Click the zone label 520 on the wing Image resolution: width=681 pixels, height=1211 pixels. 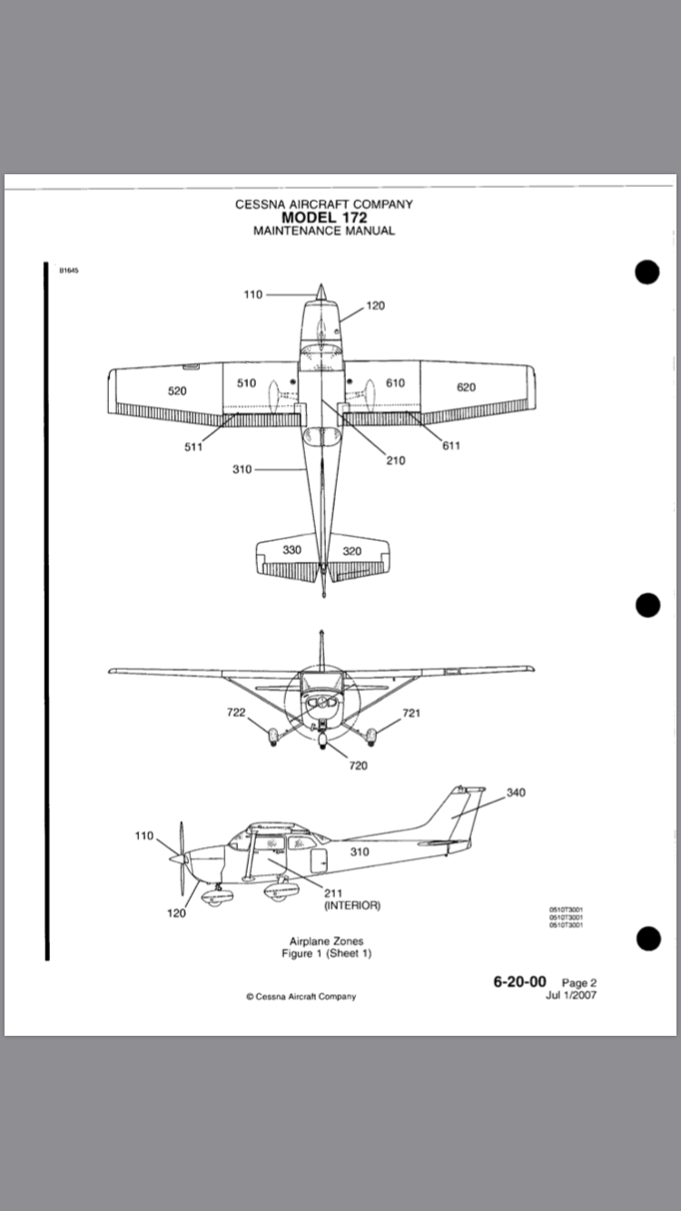pos(177,391)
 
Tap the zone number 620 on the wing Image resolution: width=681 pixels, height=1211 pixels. pos(466,388)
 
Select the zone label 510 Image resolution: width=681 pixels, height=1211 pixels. pos(246,383)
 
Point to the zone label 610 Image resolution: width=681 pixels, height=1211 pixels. pos(395,383)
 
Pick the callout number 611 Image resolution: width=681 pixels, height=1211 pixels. pos(451,446)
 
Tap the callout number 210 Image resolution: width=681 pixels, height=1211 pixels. pos(395,460)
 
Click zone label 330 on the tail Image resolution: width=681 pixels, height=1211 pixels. pos(291,550)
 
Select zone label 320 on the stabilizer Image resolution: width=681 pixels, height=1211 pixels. pos(351,550)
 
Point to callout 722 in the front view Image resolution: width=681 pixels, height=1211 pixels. pos(236,713)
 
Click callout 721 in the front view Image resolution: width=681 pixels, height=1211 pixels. pos(411,713)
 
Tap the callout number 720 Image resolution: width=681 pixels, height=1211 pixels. pos(359,765)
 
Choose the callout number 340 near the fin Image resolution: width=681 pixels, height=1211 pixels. pos(516,793)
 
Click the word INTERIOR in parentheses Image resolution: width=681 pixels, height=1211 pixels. pos(352,905)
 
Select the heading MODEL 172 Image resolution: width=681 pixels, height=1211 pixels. pos(324,217)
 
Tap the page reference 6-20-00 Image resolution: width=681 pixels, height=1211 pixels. pos(519,981)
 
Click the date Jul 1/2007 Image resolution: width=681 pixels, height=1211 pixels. pos(571,995)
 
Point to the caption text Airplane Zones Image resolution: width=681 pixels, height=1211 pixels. pos(326,941)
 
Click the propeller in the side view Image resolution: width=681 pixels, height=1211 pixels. pos(182,858)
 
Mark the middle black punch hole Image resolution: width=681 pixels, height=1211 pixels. pos(647,605)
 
